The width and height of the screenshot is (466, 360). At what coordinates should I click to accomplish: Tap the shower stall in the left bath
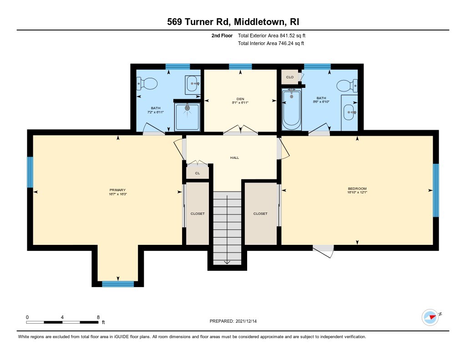[187, 117]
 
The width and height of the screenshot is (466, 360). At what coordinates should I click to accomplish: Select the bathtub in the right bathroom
[291, 109]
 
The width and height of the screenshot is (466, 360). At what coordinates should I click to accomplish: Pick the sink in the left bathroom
[193, 84]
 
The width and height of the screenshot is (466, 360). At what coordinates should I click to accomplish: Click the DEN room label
[240, 98]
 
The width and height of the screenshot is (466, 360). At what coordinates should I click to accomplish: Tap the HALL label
[234, 157]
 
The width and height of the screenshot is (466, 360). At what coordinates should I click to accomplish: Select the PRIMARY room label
[117, 190]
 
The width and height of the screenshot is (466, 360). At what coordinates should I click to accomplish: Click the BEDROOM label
[357, 188]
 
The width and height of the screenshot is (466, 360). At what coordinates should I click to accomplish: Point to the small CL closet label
[198, 173]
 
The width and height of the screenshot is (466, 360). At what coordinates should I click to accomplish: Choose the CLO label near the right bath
[289, 77]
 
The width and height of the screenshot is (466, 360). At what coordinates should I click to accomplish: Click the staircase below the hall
[227, 228]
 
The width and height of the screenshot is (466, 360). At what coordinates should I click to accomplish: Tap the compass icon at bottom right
[430, 317]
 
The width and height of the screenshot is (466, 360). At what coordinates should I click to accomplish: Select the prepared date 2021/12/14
[249, 321]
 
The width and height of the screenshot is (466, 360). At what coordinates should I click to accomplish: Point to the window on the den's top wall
[240, 67]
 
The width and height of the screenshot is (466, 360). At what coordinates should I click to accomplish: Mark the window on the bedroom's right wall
[435, 190]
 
